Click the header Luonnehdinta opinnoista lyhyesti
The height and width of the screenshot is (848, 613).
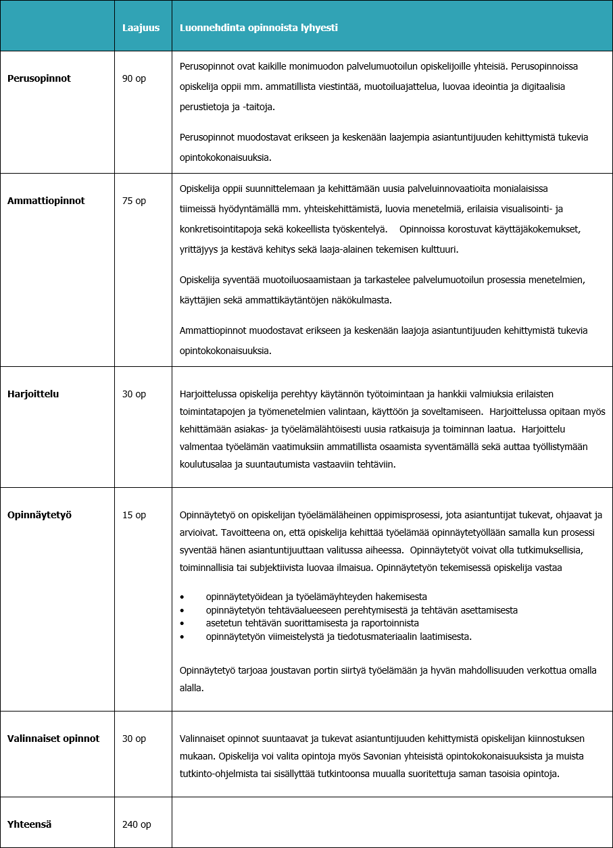258,28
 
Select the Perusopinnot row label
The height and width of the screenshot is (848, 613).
39,78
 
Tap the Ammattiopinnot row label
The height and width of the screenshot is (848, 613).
46,201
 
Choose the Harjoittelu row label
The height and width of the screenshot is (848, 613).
33,394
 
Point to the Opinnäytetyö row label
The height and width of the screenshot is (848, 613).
39,515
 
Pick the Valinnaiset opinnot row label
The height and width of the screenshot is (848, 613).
53,739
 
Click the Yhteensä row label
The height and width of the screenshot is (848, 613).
30,824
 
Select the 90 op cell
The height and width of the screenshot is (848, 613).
134,78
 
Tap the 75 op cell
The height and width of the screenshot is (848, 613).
134,201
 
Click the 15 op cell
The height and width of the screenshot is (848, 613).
134,515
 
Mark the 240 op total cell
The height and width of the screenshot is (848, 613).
137,824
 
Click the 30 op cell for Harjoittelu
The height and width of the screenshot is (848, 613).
134,394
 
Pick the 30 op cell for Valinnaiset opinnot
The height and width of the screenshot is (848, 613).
134,739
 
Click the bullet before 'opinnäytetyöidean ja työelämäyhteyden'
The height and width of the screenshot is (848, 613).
182,597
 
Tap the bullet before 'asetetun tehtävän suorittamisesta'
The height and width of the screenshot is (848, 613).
182,623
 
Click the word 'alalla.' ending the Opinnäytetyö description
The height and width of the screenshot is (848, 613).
192,688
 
